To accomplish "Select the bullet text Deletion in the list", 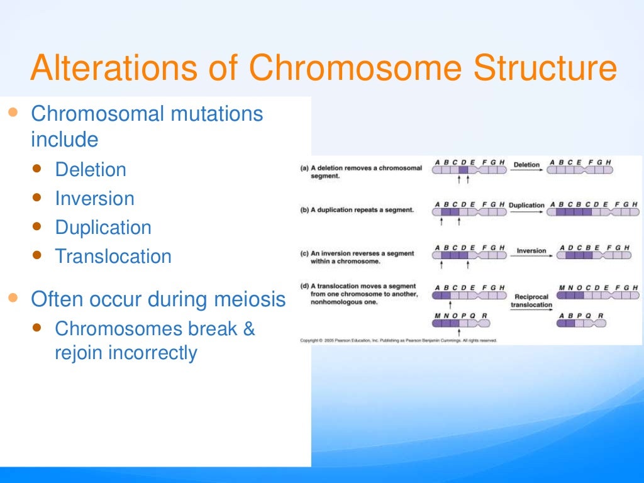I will point(91,170).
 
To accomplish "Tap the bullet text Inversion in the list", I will point(94,199).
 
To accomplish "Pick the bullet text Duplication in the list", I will point(103,228).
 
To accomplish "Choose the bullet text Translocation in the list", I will point(113,257).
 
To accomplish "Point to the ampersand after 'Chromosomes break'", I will point(248,329).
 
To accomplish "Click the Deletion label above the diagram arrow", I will point(526,165).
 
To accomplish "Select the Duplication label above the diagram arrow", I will point(526,205).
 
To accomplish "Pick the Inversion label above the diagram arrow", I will point(531,251).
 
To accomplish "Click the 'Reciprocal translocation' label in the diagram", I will point(531,301).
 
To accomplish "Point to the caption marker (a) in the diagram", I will point(304,169).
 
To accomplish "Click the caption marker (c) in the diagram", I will point(304,253).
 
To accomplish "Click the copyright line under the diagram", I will point(398,340).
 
